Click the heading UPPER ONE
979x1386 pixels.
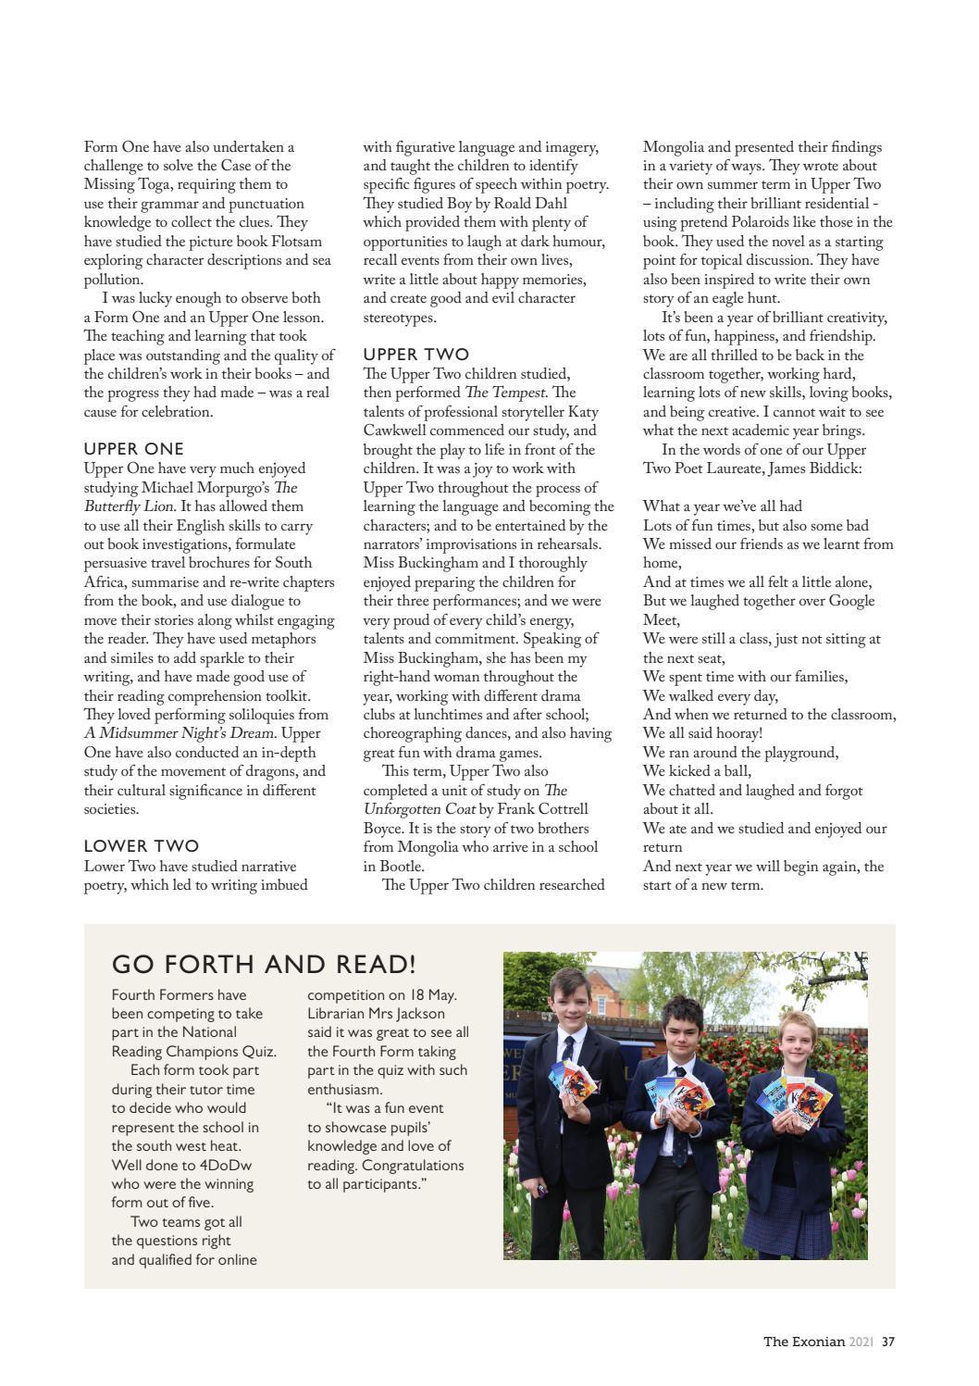[x=134, y=449]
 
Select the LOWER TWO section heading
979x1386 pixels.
[x=142, y=846]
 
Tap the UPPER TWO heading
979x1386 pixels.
[x=415, y=355]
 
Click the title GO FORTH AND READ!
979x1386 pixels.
[x=264, y=964]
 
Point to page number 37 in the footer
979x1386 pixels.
[x=888, y=1342]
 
